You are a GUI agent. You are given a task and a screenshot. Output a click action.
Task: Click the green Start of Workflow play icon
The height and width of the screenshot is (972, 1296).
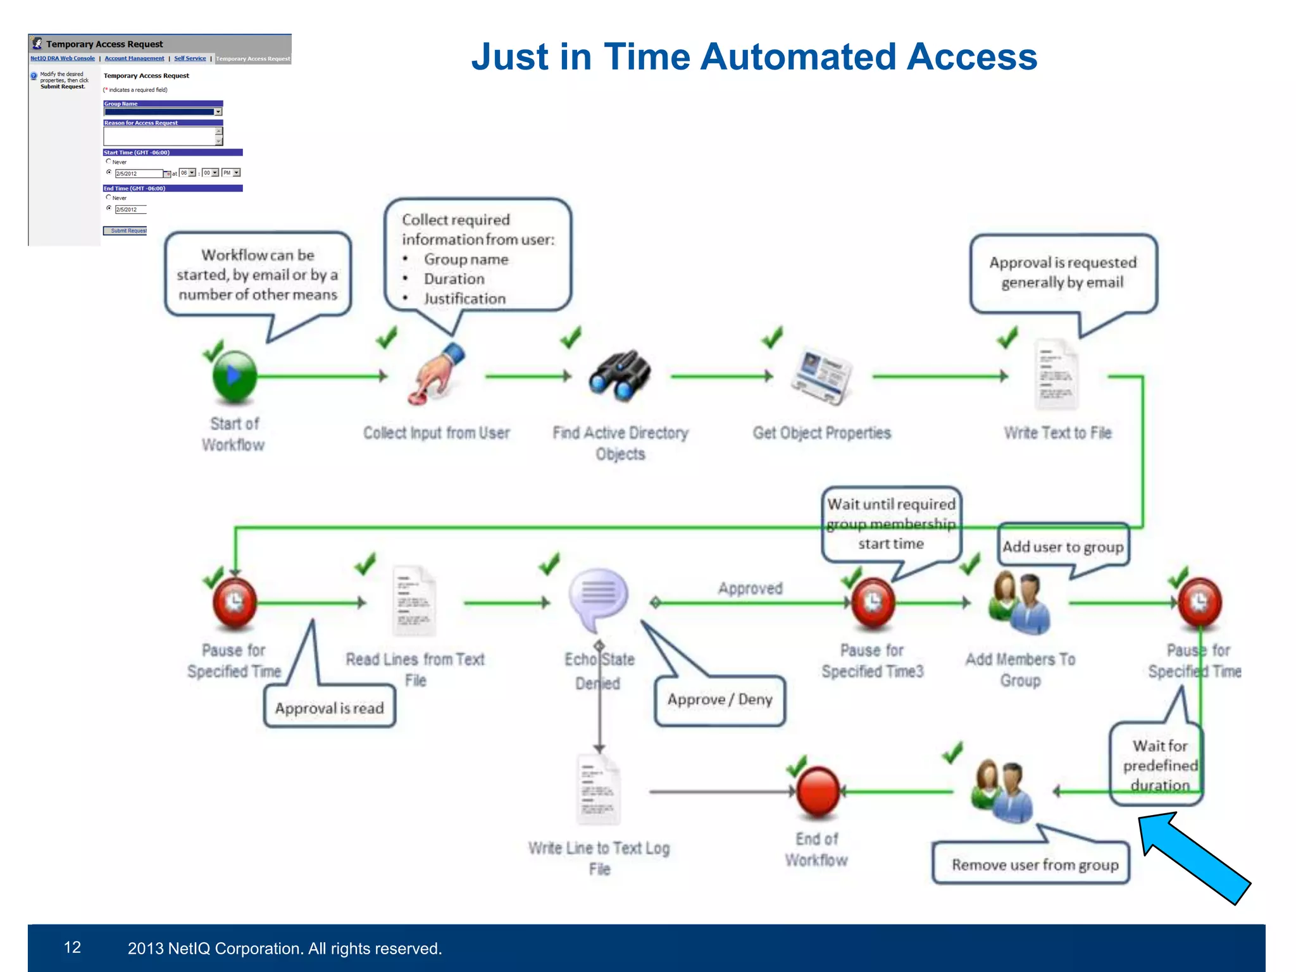pyautogui.click(x=234, y=377)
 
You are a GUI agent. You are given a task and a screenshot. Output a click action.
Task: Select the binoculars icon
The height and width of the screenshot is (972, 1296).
pyautogui.click(x=620, y=375)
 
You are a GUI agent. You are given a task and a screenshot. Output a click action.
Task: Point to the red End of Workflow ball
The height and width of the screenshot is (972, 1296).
pyautogui.click(x=818, y=791)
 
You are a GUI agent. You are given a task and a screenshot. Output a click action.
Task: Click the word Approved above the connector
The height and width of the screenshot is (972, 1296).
pyautogui.click(x=750, y=589)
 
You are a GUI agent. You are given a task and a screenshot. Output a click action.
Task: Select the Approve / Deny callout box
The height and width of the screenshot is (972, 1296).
pyautogui.click(x=720, y=700)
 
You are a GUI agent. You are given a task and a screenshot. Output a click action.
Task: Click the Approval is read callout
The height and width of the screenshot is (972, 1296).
pyautogui.click(x=329, y=707)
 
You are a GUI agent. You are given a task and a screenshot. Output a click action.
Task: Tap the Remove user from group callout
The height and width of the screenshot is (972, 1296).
pyautogui.click(x=1034, y=864)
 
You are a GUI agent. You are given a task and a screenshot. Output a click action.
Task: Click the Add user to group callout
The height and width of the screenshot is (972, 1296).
pyautogui.click(x=1063, y=547)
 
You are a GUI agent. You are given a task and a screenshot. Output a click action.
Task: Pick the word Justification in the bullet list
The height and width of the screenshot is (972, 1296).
pyautogui.click(x=464, y=299)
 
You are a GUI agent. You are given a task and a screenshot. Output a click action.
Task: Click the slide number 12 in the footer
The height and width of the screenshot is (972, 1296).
pyautogui.click(x=72, y=947)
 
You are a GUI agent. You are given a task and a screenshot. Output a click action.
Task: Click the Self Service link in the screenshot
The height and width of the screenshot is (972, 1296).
pyautogui.click(x=190, y=58)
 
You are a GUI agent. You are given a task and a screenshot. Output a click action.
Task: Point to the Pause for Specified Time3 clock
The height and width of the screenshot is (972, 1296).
pyautogui.click(x=873, y=601)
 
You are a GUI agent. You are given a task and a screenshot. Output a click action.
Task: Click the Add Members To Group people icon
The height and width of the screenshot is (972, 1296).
pyautogui.click(x=1019, y=602)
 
